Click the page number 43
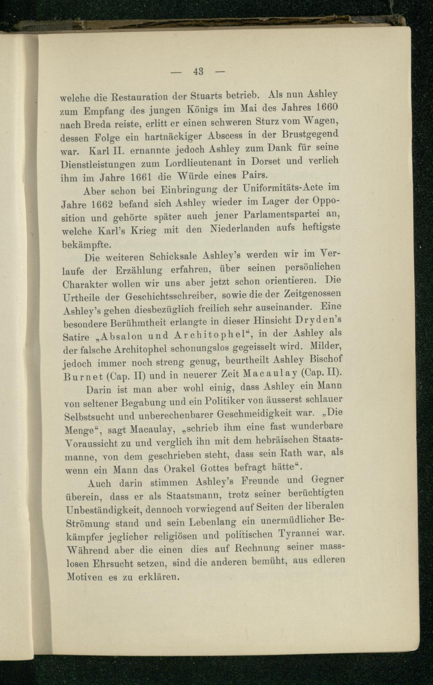[199, 71]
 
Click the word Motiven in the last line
[84, 577]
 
